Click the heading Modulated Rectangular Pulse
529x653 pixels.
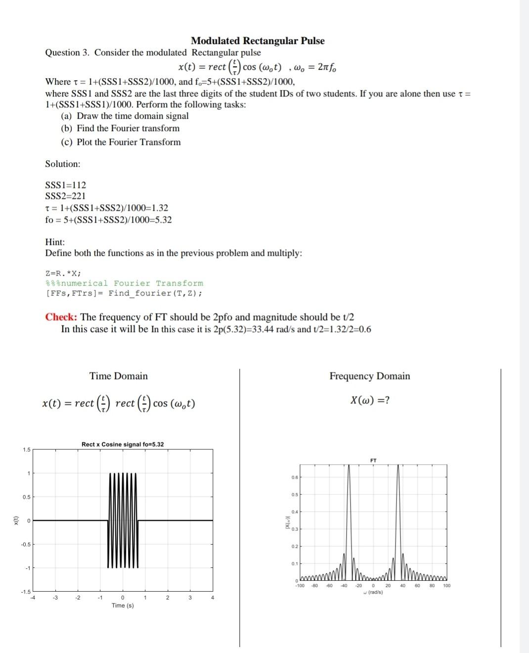[258, 41]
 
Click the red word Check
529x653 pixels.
[61, 317]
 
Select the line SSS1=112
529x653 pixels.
[65, 185]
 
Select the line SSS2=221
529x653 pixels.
[65, 195]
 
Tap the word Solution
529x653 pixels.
[62, 164]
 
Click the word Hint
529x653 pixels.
[55, 242]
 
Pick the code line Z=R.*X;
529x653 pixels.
[63, 273]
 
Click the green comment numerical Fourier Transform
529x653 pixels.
[124, 283]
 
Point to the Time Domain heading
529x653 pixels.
[118, 376]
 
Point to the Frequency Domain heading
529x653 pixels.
[369, 376]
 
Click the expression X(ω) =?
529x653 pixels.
[369, 400]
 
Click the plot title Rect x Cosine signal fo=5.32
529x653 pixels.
[123, 444]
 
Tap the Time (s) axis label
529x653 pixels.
[123, 606]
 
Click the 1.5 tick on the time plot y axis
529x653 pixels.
[26, 450]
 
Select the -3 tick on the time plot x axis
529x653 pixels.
[55, 598]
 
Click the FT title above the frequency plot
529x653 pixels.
[373, 461]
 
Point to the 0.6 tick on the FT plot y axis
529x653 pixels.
[295, 477]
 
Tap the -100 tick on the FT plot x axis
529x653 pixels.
[300, 586]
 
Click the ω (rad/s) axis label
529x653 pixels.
[373, 592]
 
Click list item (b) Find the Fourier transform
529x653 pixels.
[120, 128]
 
